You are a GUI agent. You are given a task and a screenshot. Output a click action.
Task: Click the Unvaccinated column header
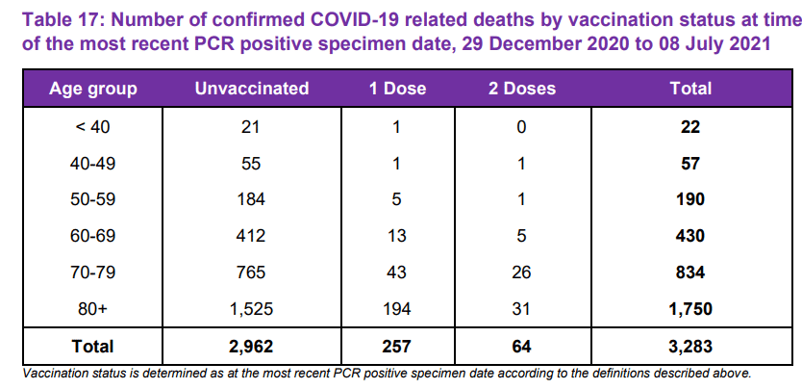coord(251,89)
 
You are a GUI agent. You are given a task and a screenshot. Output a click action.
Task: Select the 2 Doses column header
coord(521,89)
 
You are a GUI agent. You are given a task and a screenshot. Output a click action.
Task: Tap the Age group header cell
coord(93,89)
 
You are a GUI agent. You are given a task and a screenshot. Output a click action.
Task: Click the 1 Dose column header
coord(397,89)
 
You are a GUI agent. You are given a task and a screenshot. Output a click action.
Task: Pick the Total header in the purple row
coord(689,89)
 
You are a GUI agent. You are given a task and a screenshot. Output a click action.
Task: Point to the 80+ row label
coord(93,309)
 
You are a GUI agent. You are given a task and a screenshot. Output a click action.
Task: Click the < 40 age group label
coord(93,126)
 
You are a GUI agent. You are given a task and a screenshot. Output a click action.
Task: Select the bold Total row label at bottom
coord(93,346)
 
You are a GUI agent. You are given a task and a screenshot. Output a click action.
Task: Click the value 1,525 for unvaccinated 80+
coord(251,309)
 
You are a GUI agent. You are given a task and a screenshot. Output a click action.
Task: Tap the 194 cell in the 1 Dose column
coord(396,309)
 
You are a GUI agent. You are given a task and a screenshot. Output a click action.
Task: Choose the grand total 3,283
coord(689,346)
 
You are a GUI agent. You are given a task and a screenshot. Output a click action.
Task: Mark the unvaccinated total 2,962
coord(251,346)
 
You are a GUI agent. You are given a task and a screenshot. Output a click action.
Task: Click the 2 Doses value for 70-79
coord(521,272)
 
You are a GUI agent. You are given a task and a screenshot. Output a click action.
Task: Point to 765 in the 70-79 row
coord(251,272)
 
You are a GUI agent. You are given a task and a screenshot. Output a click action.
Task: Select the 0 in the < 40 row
coord(521,126)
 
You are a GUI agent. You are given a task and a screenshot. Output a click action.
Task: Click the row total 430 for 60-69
coord(689,236)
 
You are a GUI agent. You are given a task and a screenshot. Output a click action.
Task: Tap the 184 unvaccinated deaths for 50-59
coord(251,199)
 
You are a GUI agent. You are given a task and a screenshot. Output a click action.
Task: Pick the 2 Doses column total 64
coord(521,346)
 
